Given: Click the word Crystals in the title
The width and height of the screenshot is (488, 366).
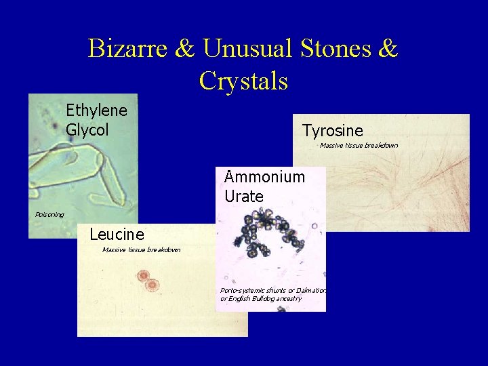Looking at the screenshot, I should (244, 81).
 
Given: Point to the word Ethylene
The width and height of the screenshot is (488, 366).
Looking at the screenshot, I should (96, 110).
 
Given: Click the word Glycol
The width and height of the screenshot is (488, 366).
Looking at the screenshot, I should (87, 129).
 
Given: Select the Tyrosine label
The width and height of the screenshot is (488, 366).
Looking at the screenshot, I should (332, 131).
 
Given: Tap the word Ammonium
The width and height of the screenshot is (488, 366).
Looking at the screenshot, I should (264, 177).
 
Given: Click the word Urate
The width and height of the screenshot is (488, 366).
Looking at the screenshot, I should (243, 196).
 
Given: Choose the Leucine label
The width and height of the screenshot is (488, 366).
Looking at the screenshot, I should (117, 235).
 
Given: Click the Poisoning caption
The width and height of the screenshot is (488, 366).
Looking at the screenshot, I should (49, 215).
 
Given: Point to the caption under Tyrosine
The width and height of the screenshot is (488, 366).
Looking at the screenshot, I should (359, 145).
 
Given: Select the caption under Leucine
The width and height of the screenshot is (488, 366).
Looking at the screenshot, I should (141, 250).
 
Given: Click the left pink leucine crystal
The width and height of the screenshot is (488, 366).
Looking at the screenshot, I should (143, 275).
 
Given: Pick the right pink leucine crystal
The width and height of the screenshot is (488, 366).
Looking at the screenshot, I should (152, 285).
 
